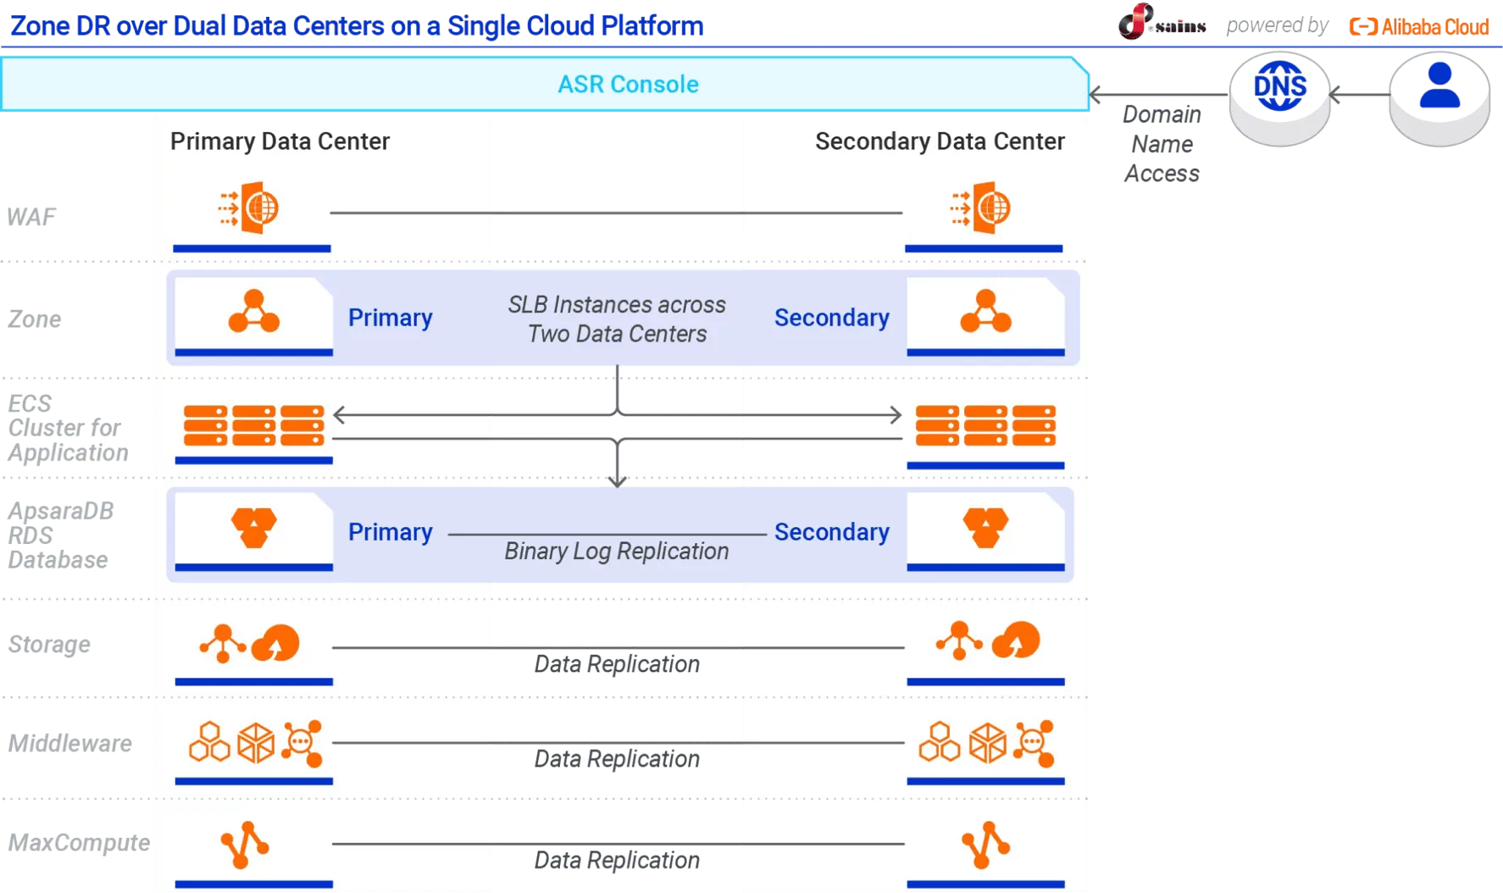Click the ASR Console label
[x=628, y=85]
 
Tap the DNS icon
[x=1279, y=86]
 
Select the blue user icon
[x=1439, y=87]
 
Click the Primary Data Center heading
[x=280, y=141]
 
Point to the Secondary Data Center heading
[x=940, y=141]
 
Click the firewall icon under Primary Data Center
[x=250, y=208]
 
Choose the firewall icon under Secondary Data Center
[x=982, y=208]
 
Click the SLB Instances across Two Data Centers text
[x=617, y=319]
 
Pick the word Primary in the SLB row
[x=390, y=318]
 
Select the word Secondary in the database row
[x=831, y=532]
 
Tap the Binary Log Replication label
[x=617, y=552]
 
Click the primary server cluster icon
[x=253, y=425]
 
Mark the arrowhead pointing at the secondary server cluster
[x=896, y=415]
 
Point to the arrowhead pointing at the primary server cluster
[x=340, y=415]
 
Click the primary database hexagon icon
[x=253, y=527]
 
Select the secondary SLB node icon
[x=985, y=312]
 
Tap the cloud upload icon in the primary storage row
[x=276, y=643]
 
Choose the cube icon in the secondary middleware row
[x=987, y=743]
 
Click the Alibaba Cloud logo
[x=1419, y=27]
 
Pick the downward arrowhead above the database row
[x=618, y=480]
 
